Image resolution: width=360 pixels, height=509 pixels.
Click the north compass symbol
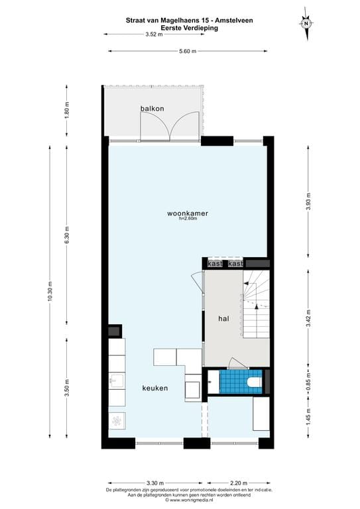tap(306, 23)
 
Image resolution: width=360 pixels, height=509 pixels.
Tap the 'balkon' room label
tap(151, 108)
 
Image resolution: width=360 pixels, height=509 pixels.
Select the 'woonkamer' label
tap(188, 213)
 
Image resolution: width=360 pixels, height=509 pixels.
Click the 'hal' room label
tap(223, 319)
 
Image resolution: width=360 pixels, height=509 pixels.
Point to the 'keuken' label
tap(154, 388)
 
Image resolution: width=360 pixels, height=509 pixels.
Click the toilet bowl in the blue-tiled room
tap(253, 382)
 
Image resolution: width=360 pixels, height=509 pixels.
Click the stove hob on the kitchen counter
tap(117, 420)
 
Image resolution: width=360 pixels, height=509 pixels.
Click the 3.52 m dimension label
tap(154, 34)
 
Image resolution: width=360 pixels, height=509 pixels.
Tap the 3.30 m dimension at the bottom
tap(154, 482)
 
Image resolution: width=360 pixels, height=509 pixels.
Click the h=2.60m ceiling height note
tap(188, 219)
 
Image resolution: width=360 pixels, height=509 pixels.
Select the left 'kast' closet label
tap(215, 264)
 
